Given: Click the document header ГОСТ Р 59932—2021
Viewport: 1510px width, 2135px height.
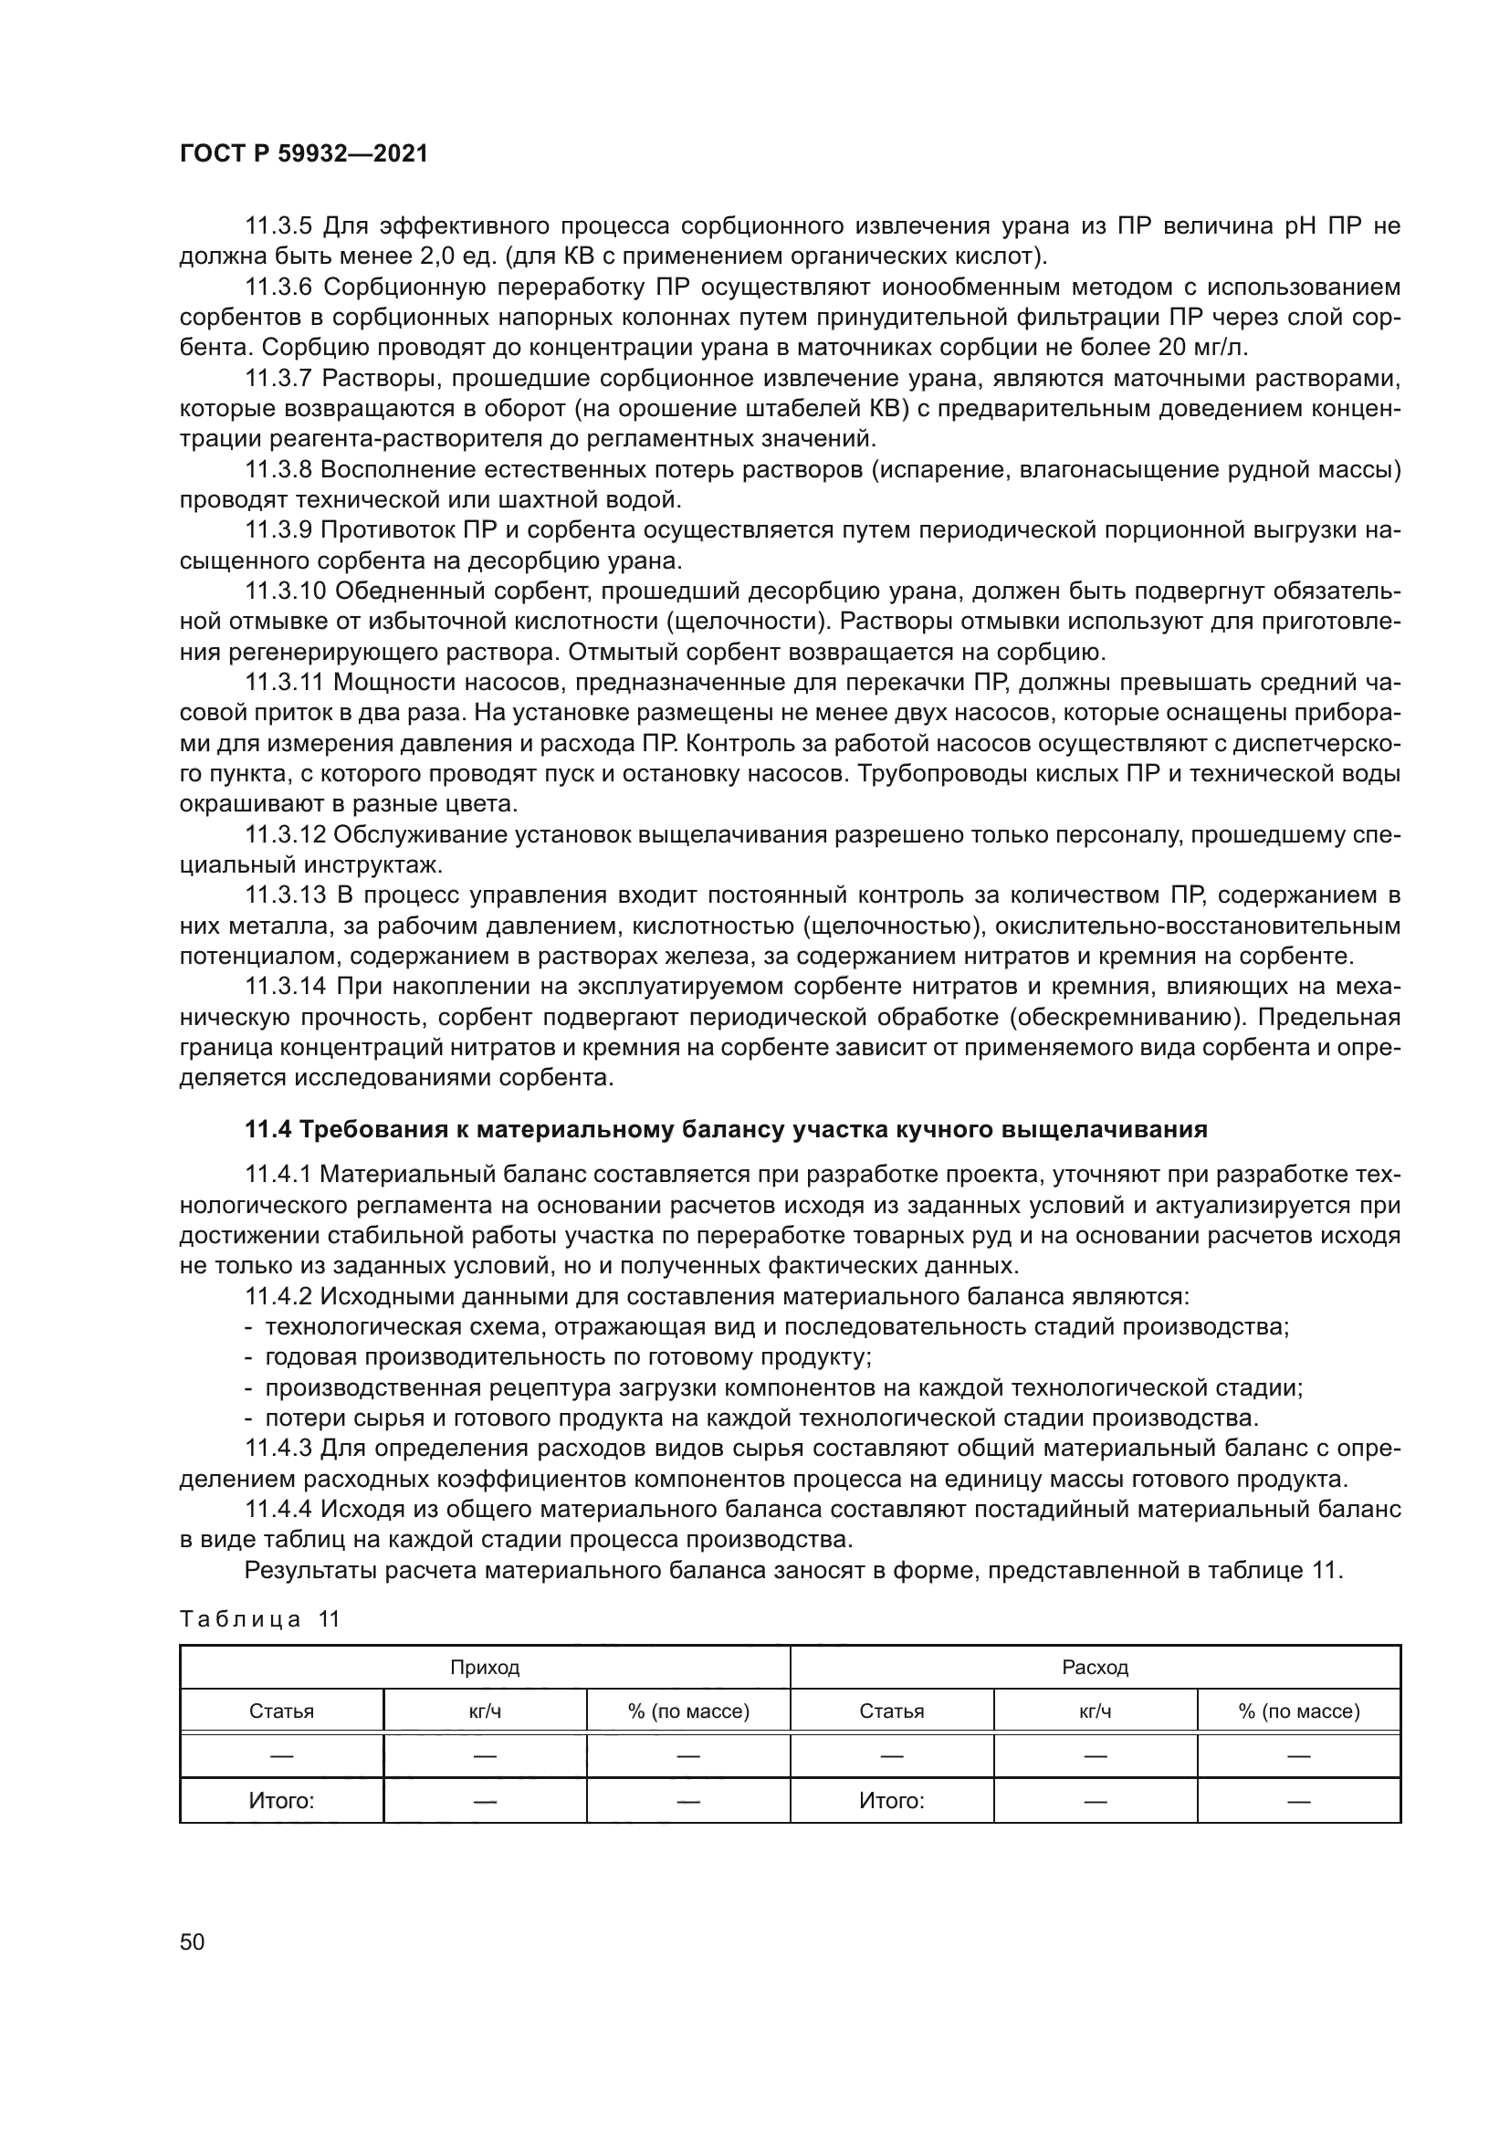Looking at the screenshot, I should coord(303,154).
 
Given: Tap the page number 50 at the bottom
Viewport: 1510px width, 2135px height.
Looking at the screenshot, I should coord(192,1941).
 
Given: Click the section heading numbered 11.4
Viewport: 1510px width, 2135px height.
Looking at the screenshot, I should coord(725,1130).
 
